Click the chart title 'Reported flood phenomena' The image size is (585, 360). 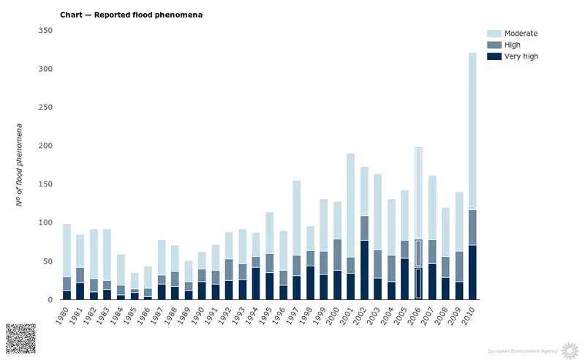point(131,15)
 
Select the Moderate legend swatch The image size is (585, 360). point(494,34)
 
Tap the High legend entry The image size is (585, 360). point(513,45)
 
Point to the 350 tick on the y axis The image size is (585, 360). point(45,30)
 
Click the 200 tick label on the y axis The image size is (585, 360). point(45,146)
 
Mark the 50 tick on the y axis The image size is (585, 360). point(48,261)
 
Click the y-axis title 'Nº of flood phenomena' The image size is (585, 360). point(21,165)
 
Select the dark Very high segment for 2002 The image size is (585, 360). point(364,270)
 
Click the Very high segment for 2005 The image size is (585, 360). point(404,279)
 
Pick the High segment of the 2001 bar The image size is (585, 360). point(351,266)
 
